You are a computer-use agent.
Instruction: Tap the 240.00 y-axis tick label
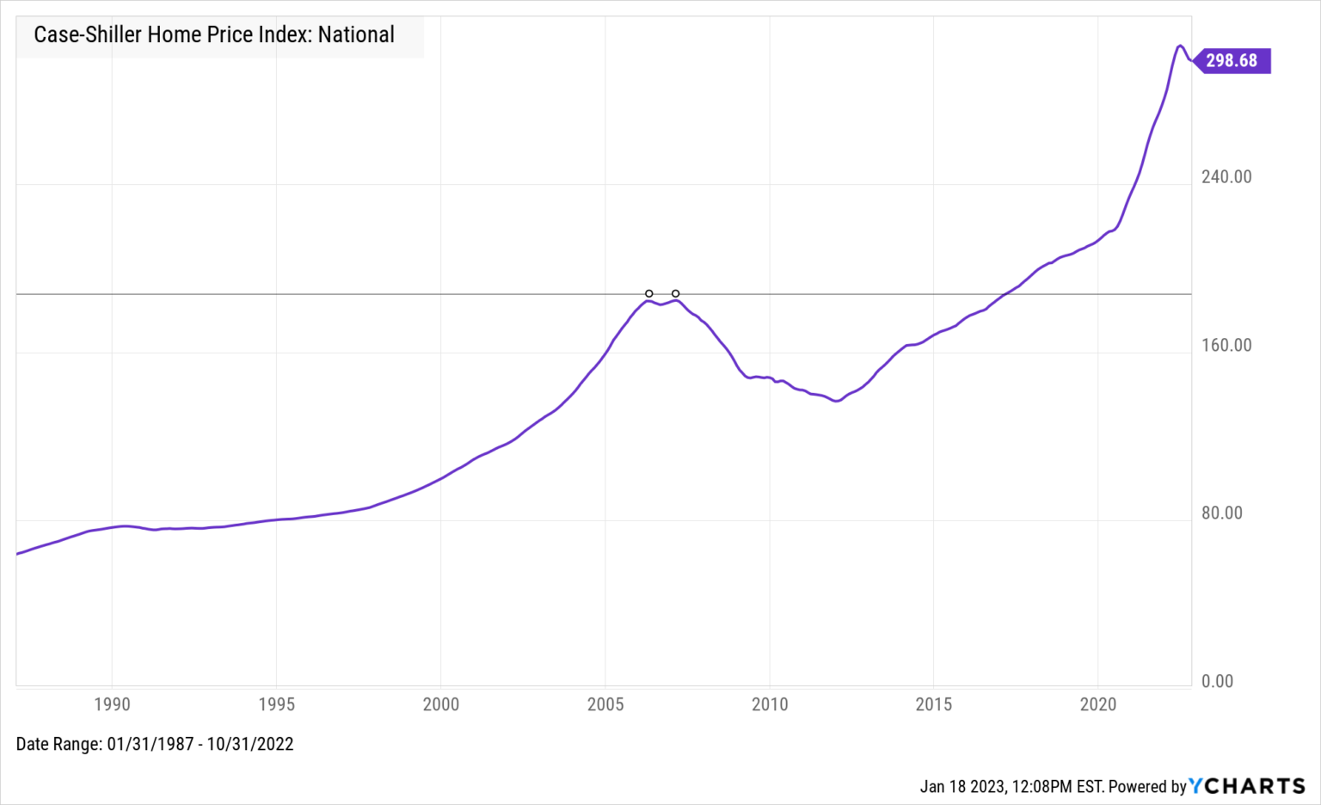pyautogui.click(x=1226, y=177)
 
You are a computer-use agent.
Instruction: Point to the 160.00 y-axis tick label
pyautogui.click(x=1226, y=346)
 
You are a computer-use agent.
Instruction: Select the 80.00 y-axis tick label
pyautogui.click(x=1222, y=513)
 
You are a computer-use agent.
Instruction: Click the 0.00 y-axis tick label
pyautogui.click(x=1218, y=681)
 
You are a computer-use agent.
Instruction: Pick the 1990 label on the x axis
pyautogui.click(x=112, y=704)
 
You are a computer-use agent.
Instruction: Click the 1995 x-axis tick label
pyautogui.click(x=276, y=704)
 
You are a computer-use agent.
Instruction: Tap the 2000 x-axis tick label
pyautogui.click(x=441, y=704)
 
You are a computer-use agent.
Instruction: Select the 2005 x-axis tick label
pyautogui.click(x=605, y=704)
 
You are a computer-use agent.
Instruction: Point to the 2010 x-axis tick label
pyautogui.click(x=770, y=704)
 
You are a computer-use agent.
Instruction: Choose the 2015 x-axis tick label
pyautogui.click(x=934, y=704)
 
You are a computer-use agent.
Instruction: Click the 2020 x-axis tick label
pyautogui.click(x=1098, y=704)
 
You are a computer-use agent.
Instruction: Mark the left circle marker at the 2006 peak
pyautogui.click(x=649, y=294)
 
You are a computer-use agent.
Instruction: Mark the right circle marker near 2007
pyautogui.click(x=676, y=294)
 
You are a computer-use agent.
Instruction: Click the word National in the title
pyautogui.click(x=356, y=35)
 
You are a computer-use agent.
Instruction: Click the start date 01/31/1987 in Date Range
pyautogui.click(x=151, y=744)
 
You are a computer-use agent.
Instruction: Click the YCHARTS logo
pyautogui.click(x=1247, y=786)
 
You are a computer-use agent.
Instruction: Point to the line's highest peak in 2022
pyautogui.click(x=1181, y=46)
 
